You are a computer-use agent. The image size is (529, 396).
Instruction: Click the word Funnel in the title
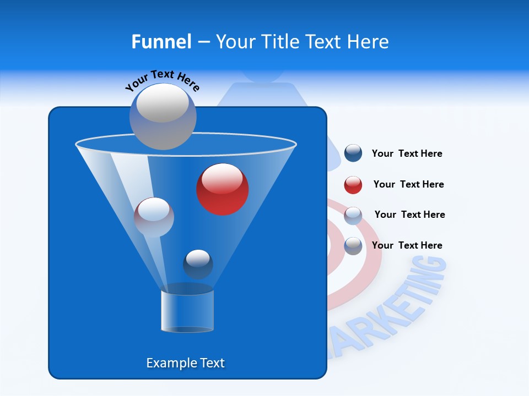click(161, 42)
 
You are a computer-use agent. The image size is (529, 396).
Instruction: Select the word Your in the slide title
click(235, 42)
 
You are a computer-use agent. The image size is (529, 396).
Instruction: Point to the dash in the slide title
click(203, 42)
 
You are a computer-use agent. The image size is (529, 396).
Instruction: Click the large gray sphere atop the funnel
click(163, 116)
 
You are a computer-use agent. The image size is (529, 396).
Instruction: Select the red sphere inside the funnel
click(223, 189)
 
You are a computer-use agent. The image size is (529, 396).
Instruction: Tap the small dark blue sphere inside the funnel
click(198, 264)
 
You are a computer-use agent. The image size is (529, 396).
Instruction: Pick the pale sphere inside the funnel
click(154, 217)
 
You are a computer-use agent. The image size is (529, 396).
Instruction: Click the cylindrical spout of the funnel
click(187, 311)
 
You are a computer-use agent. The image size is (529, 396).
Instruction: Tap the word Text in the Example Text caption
click(212, 363)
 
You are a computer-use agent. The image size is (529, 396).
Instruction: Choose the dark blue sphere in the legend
click(353, 153)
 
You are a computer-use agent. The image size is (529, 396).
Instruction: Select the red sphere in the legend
click(353, 185)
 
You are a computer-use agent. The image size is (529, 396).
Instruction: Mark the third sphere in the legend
click(353, 216)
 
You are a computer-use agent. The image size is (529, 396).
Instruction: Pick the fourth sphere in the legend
click(353, 246)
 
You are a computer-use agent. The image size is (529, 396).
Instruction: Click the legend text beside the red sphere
click(408, 184)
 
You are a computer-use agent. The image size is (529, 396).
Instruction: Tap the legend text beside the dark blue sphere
click(407, 153)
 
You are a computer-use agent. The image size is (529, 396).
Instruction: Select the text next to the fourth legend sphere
click(407, 245)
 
